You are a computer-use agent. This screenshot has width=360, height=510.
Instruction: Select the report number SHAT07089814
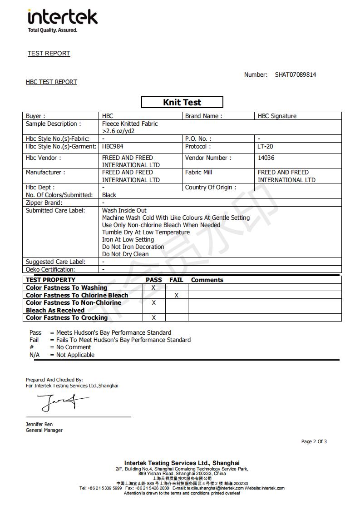(295, 74)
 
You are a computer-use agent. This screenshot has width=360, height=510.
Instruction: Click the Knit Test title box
(182, 102)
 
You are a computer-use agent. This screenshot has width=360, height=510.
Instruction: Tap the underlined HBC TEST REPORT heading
(51, 82)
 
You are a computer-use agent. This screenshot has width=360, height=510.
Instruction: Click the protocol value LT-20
(266, 147)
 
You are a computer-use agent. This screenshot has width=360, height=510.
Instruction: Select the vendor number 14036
(266, 158)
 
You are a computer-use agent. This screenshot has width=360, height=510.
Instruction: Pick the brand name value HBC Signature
(277, 116)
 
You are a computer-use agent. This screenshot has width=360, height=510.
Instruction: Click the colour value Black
(109, 195)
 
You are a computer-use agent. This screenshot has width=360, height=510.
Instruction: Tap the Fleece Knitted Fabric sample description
(130, 124)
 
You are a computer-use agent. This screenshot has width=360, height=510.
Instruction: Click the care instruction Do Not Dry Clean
(125, 254)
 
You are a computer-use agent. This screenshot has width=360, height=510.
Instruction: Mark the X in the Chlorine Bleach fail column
(177, 295)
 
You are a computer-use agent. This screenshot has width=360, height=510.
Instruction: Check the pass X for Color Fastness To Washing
(153, 287)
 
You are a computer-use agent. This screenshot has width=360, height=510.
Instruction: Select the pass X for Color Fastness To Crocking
(153, 317)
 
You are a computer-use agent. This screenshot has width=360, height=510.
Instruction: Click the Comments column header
(207, 280)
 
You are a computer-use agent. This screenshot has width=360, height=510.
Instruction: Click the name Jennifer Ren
(39, 424)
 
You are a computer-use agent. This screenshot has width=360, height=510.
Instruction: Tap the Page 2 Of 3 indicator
(314, 441)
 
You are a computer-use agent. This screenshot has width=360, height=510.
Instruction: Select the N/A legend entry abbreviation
(35, 355)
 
